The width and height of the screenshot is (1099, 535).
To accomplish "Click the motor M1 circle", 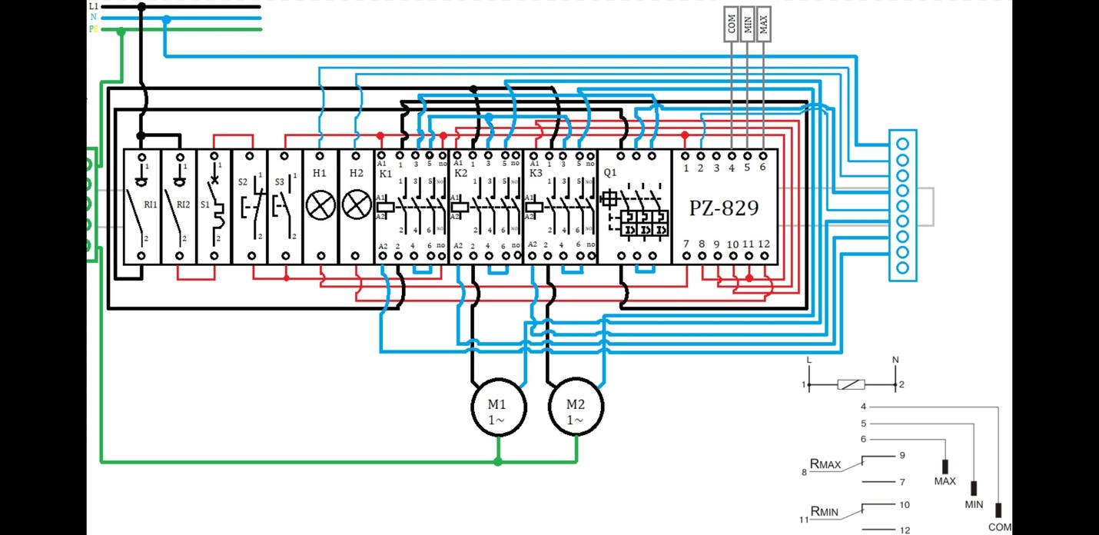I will (x=498, y=410).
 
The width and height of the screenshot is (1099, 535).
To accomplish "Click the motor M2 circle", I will (x=575, y=410).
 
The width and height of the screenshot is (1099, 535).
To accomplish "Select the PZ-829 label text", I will (x=723, y=208).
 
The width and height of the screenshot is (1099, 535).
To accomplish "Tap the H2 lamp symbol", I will (x=356, y=204).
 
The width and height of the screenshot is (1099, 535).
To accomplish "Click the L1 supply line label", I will (x=93, y=5).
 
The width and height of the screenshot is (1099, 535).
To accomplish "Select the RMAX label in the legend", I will (x=825, y=464).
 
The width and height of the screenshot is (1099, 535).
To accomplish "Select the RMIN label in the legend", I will (x=825, y=510).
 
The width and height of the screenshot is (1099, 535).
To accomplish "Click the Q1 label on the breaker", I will (x=610, y=173).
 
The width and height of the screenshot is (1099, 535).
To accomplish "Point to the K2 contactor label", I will (x=461, y=174).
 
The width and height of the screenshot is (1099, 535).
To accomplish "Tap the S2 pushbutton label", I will (x=243, y=182).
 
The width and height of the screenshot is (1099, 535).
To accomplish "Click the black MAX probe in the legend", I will (x=945, y=467).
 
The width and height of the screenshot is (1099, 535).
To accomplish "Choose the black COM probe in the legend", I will (x=998, y=510).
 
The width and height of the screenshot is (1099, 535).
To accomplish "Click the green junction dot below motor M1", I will (x=498, y=461).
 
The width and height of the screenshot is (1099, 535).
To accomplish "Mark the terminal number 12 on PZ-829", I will (x=764, y=244).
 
